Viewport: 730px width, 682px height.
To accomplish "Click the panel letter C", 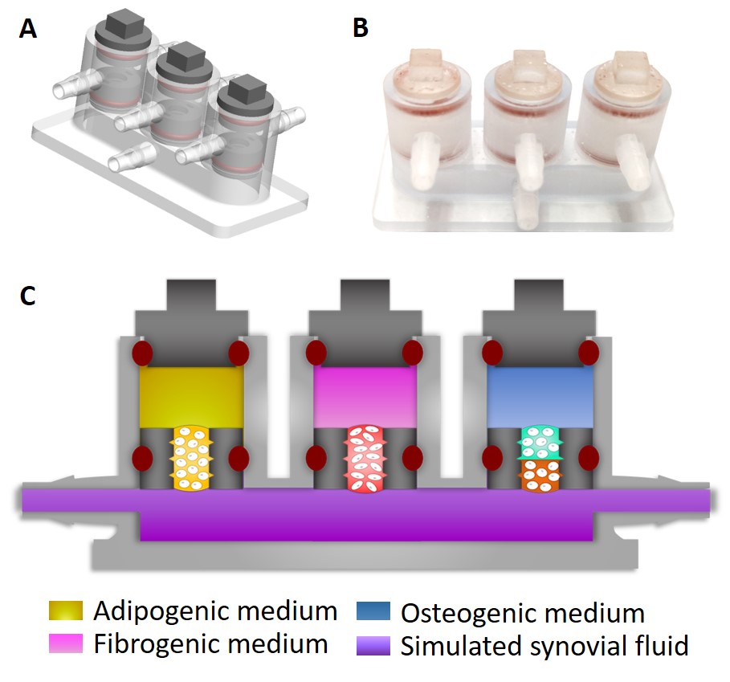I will [28, 296].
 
